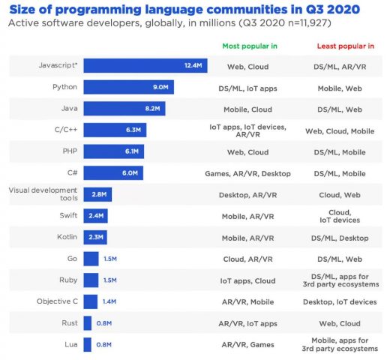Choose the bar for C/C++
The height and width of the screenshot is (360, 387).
[x=115, y=130]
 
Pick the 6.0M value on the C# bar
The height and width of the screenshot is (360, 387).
[x=130, y=172]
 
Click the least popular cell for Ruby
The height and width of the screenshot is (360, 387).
[x=340, y=280]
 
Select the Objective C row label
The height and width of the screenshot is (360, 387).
[x=57, y=301]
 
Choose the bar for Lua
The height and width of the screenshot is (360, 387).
[x=87, y=344]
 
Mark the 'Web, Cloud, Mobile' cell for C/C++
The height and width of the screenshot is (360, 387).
[x=340, y=130]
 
